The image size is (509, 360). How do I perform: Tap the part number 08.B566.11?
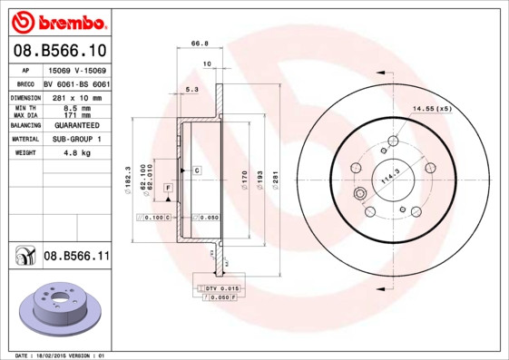click(76, 257)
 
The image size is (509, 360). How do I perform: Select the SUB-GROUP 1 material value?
click(73, 139)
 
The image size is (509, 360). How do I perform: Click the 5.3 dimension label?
click(191, 90)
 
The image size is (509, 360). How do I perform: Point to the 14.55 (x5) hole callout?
click(432, 109)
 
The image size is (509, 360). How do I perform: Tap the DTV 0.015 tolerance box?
click(217, 287)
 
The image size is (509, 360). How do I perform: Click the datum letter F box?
click(168, 187)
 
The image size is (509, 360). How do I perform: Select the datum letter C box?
click(195, 170)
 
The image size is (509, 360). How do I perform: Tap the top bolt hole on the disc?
click(393, 141)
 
